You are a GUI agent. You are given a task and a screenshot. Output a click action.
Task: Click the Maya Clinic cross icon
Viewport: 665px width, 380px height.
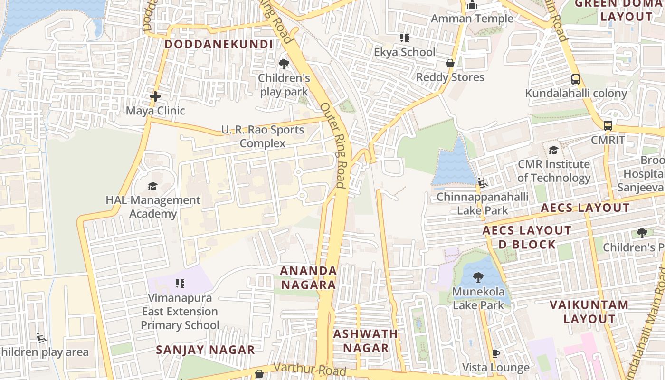(155, 96)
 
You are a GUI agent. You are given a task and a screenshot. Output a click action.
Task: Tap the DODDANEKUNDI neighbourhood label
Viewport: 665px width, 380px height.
(218, 45)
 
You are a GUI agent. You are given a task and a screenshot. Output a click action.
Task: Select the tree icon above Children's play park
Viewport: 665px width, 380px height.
(284, 64)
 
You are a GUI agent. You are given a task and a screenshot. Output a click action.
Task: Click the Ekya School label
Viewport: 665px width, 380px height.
(404, 52)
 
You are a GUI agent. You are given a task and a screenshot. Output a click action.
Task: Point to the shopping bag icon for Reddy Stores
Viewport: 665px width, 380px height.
(450, 63)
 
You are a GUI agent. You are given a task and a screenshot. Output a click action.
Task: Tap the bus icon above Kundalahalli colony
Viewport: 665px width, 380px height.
(575, 79)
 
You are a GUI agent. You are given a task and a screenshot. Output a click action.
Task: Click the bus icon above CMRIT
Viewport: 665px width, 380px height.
(608, 126)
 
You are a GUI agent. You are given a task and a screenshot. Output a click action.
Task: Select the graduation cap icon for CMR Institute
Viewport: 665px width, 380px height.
(553, 151)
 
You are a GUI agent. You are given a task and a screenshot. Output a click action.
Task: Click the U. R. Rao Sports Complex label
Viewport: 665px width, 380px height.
(262, 136)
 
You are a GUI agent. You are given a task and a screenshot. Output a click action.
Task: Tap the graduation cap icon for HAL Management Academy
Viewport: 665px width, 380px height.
(152, 186)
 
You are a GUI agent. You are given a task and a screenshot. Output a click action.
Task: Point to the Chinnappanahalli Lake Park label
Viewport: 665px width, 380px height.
(482, 203)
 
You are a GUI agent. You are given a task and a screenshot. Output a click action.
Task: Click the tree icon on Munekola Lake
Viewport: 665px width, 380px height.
(478, 277)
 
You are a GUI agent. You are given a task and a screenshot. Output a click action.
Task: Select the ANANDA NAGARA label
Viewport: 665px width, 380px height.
(308, 277)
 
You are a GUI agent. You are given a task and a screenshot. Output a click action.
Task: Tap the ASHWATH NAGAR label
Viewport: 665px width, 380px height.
(365, 341)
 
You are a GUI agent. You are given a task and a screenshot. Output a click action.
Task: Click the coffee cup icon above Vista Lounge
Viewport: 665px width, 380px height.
(495, 354)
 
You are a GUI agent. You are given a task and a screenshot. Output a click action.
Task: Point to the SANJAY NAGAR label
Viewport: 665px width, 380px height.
(205, 350)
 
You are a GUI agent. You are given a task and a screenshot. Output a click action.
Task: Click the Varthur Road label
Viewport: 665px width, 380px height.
(309, 369)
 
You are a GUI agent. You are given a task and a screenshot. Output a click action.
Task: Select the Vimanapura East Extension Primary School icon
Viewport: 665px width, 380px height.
(180, 284)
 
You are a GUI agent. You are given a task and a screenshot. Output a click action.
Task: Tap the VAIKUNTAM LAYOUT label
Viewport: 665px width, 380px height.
(589, 312)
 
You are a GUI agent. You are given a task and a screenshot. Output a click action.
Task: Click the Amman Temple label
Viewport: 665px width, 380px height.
(472, 19)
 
